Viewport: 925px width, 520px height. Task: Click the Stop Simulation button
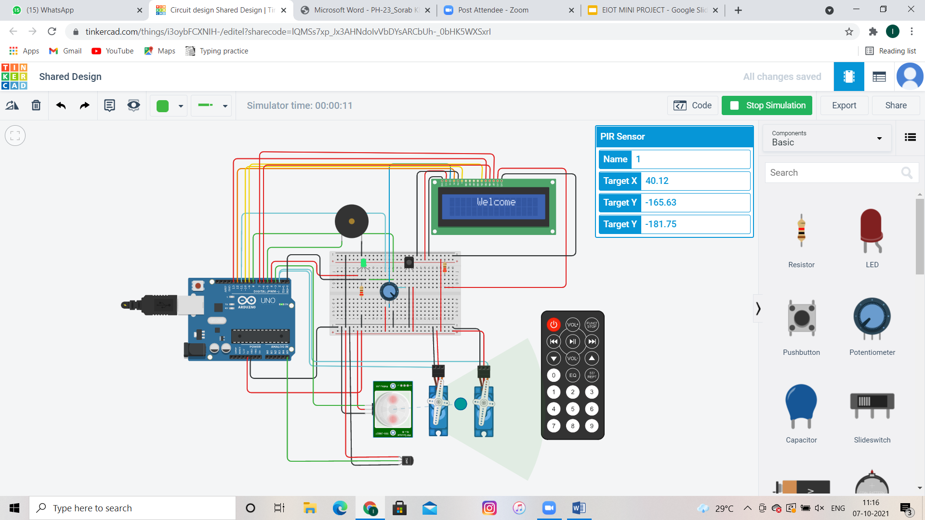pyautogui.click(x=767, y=105)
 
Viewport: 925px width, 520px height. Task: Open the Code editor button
pyautogui.click(x=693, y=105)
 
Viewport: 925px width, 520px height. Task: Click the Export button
pyautogui.click(x=844, y=105)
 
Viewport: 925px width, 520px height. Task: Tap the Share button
pyautogui.click(x=896, y=105)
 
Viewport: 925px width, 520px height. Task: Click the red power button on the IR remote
pyautogui.click(x=554, y=325)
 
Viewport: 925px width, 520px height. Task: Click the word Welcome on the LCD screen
pyautogui.click(x=496, y=202)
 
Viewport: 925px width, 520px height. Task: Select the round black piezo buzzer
pyautogui.click(x=352, y=221)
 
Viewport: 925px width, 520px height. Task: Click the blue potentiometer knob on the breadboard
pyautogui.click(x=389, y=291)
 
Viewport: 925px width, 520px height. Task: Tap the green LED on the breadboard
pyautogui.click(x=363, y=263)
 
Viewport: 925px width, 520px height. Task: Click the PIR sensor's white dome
pyautogui.click(x=392, y=409)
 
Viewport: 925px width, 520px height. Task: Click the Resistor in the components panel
pyautogui.click(x=801, y=231)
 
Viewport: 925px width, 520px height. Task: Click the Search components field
pyautogui.click(x=833, y=173)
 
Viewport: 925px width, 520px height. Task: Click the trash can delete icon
pyautogui.click(x=36, y=105)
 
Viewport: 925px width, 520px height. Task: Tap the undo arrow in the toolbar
pyautogui.click(x=61, y=105)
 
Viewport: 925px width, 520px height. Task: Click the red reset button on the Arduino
pyautogui.click(x=198, y=286)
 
